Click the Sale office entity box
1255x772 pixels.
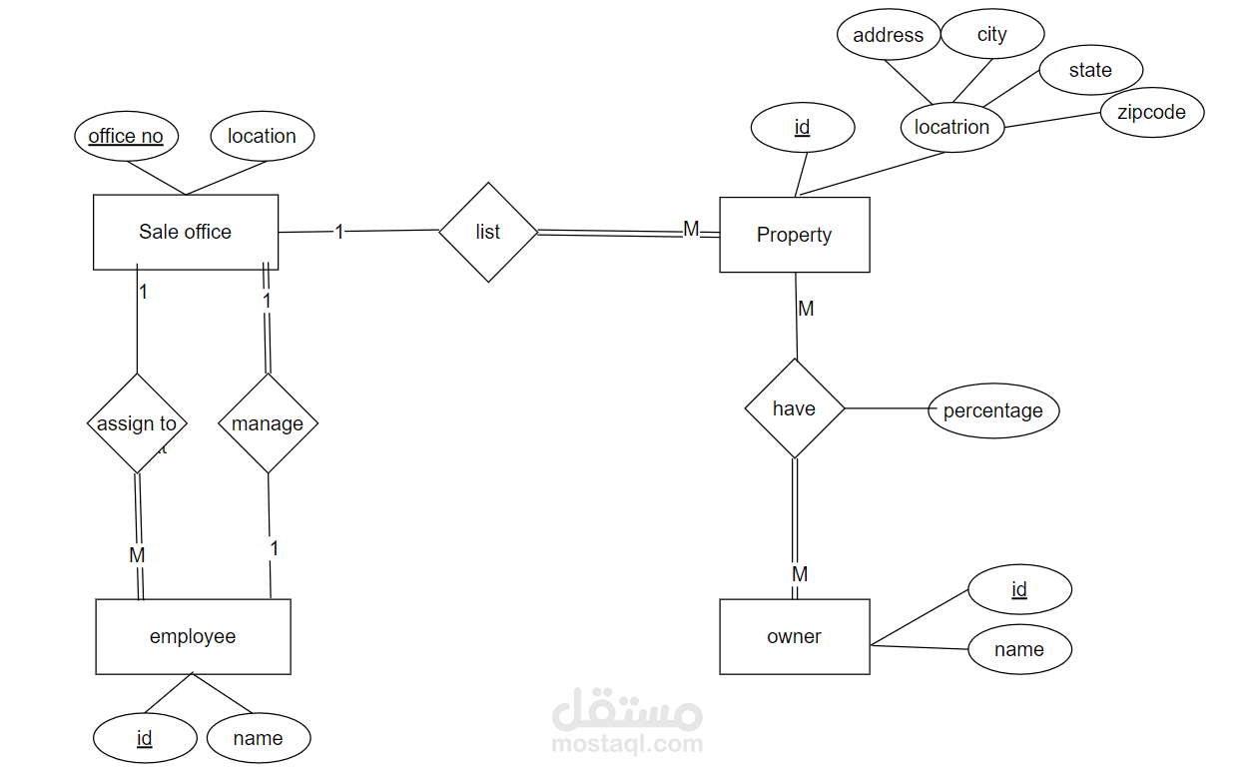click(185, 232)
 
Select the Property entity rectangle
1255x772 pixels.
click(794, 235)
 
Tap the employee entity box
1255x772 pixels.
click(193, 636)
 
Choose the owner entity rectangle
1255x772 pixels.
click(794, 636)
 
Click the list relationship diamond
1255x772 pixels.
click(488, 232)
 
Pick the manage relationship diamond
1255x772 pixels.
click(268, 423)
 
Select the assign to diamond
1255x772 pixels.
click(137, 423)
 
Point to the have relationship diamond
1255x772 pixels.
click(795, 408)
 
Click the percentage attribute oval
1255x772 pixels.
click(992, 410)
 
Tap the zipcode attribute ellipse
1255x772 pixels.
click(1151, 112)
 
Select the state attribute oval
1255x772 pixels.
click(1090, 70)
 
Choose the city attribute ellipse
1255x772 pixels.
click(991, 35)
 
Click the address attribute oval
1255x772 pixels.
click(888, 35)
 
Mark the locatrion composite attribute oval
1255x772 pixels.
click(951, 127)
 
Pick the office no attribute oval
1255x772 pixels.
click(126, 136)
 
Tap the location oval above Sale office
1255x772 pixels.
click(262, 136)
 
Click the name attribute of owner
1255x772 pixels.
click(1018, 649)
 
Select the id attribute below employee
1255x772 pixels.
click(145, 738)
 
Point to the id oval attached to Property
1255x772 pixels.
click(802, 127)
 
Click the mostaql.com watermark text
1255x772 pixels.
click(627, 743)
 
